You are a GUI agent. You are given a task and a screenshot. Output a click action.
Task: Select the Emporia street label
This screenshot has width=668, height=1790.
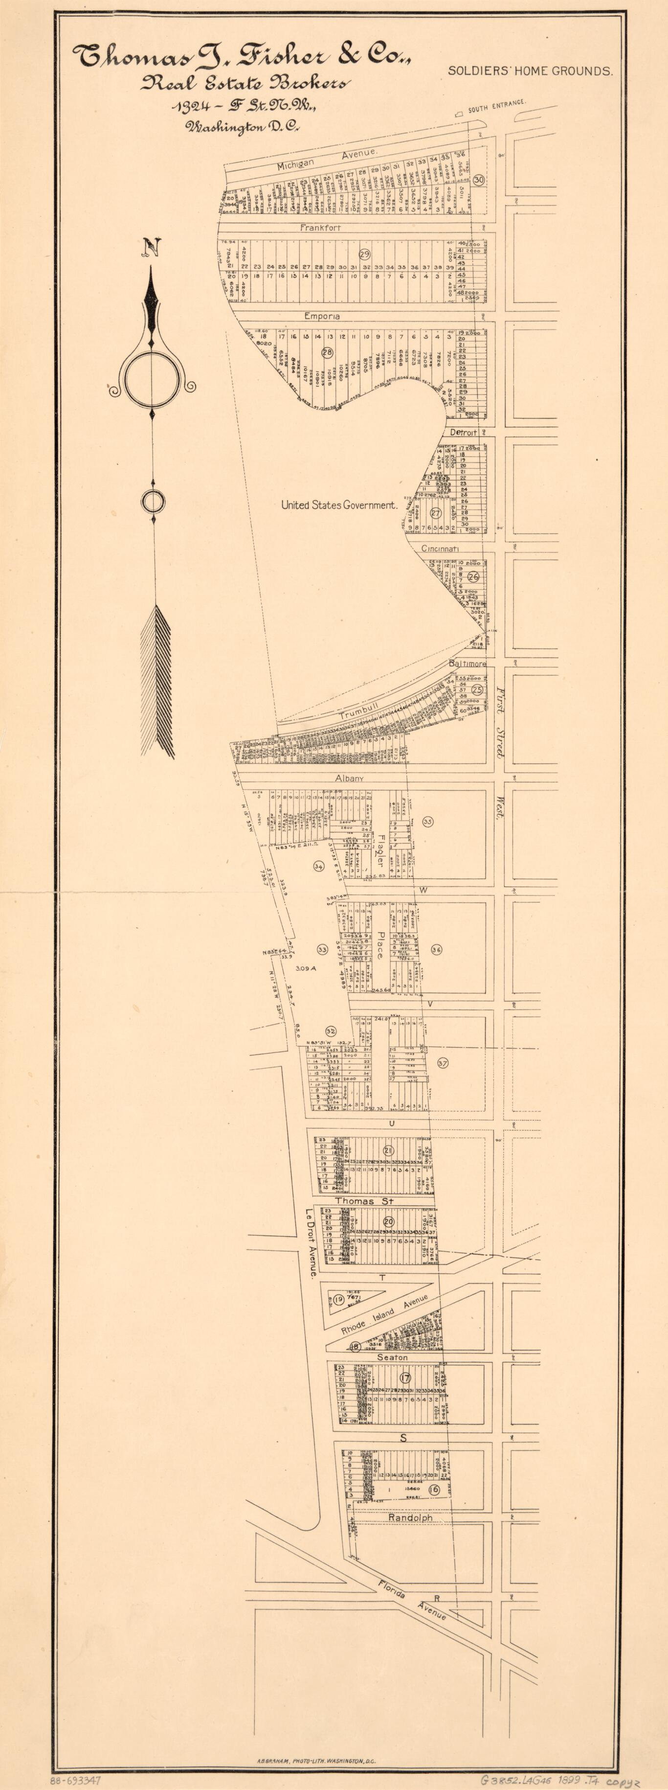321,316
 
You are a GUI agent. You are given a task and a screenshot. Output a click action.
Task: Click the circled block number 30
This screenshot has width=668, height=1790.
479,179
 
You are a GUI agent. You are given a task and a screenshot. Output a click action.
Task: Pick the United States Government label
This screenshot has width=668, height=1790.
338,505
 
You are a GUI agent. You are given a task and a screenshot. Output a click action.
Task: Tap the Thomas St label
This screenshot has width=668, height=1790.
364,1201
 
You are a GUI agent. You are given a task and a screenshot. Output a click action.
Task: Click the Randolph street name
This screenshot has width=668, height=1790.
410,1518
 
